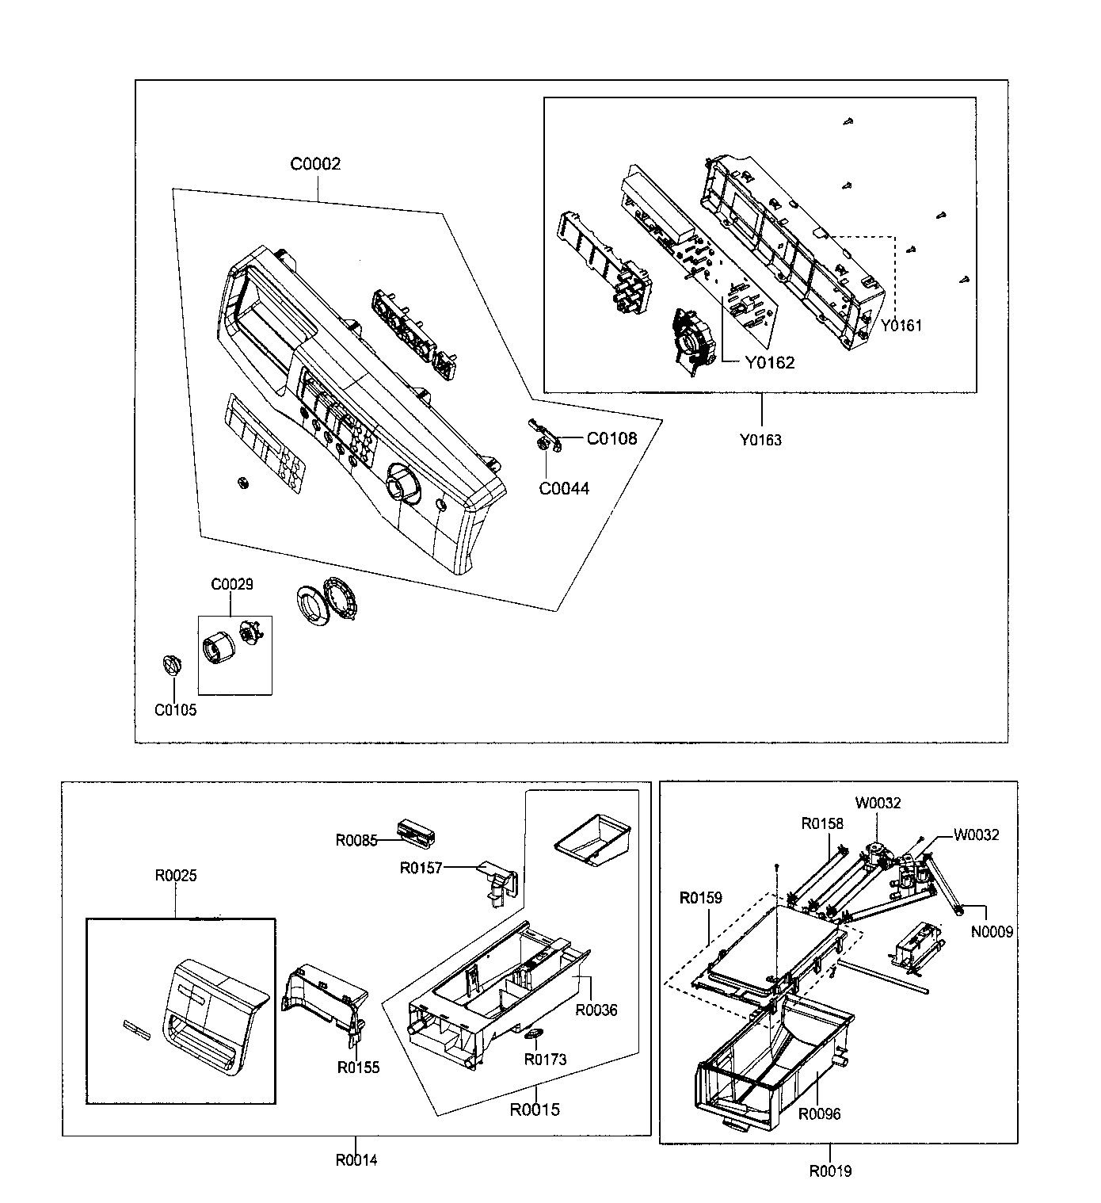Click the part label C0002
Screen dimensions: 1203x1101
(315, 165)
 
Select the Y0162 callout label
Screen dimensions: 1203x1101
(768, 363)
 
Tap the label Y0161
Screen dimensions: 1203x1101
(901, 325)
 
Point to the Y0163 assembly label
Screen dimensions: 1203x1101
(760, 440)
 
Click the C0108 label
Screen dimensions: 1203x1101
(611, 439)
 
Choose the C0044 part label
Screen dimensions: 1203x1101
(564, 488)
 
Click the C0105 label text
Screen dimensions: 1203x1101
(175, 710)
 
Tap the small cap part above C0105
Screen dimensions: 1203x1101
(172, 664)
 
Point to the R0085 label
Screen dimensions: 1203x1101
(356, 840)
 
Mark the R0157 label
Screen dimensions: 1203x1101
(421, 868)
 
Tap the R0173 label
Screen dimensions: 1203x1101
(545, 1060)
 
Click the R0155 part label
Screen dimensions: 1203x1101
(358, 1067)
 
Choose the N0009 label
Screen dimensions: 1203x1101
(992, 932)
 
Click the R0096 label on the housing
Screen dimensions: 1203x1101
(819, 1113)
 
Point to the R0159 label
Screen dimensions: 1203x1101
(701, 899)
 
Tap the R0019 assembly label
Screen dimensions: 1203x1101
(830, 1171)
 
